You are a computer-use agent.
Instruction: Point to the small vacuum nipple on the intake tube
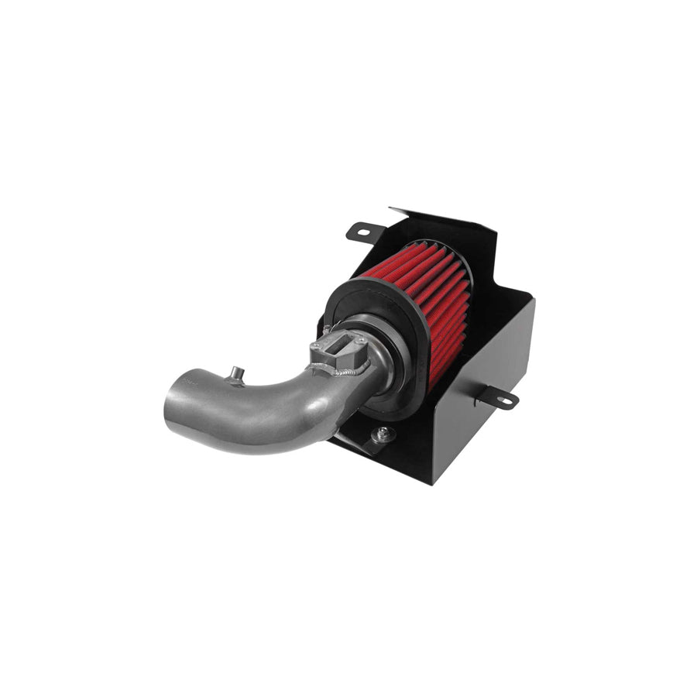pos(235,375)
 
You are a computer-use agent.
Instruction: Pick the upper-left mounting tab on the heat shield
pos(364,231)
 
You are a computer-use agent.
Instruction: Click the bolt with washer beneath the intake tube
pos(383,434)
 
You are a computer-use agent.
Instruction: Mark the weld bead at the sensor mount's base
pos(341,371)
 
